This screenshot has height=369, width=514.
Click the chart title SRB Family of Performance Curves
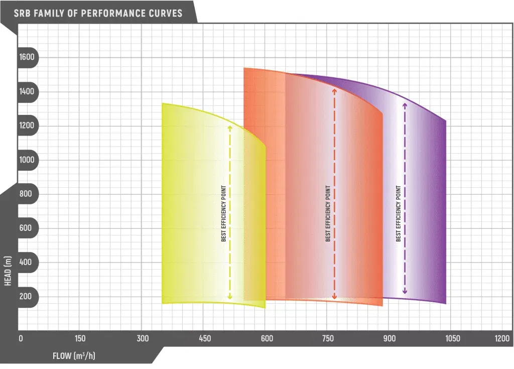coord(98,13)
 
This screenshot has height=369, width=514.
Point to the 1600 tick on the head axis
coord(27,57)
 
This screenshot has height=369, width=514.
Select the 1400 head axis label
coord(27,91)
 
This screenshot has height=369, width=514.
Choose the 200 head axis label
coord(27,296)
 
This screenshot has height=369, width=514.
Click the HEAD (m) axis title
coord(8,271)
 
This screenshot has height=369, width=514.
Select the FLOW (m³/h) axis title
coord(74,356)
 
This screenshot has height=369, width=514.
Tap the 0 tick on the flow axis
coord(21,338)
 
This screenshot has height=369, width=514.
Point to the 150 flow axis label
coord(80,338)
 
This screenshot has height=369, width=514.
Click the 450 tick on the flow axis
coord(205,338)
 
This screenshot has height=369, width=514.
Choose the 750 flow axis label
coord(328,338)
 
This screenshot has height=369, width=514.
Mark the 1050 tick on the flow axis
coord(452,338)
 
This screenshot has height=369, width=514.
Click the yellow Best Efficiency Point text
coord(224,213)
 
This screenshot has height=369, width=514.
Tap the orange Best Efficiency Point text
coord(328,213)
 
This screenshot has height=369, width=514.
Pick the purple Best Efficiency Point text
coord(399,213)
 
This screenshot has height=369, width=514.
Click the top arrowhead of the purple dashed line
coord(405,104)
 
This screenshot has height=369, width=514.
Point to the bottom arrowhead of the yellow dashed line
coord(230,297)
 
